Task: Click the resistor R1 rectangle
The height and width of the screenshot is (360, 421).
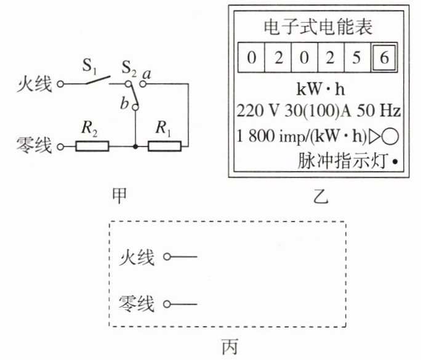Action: (164, 146)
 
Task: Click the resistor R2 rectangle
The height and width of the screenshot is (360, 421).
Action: (92, 146)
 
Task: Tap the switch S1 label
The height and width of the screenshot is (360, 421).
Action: (89, 66)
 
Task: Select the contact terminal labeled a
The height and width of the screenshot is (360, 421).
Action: (143, 84)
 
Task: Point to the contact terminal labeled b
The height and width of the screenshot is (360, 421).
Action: (136, 108)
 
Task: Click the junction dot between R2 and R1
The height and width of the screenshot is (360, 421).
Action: (135, 146)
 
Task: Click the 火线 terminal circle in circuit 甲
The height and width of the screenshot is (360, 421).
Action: (61, 84)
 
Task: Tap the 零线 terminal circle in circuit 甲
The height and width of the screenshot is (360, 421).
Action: (61, 147)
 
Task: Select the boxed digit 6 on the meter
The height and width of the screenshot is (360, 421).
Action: (384, 57)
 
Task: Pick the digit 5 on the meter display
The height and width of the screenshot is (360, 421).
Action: (356, 57)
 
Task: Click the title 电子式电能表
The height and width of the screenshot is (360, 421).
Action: (318, 27)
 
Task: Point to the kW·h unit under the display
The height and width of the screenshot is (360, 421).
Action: (320, 89)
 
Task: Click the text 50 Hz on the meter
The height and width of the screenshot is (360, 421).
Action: (379, 111)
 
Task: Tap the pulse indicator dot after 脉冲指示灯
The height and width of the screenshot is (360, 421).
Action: (395, 162)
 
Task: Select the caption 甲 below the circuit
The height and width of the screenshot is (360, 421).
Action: (119, 196)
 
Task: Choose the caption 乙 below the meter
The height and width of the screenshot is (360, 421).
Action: (321, 196)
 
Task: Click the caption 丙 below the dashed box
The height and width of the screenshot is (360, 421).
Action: (230, 346)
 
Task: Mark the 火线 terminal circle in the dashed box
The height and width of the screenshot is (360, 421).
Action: (167, 257)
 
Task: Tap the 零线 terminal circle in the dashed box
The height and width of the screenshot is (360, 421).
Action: (167, 304)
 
